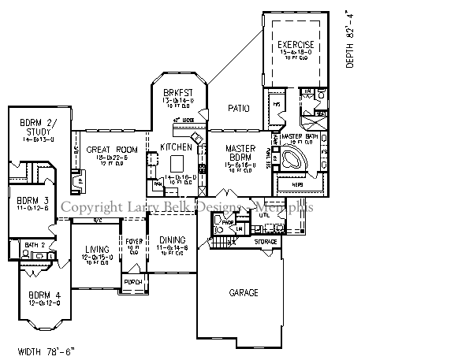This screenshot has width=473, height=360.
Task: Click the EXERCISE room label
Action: pyautogui.click(x=296, y=46)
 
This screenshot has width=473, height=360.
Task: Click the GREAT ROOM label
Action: pyautogui.click(x=112, y=149)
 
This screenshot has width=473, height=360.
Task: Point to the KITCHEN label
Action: pyautogui.click(x=176, y=147)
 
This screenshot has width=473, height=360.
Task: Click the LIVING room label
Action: pyautogui.click(x=96, y=250)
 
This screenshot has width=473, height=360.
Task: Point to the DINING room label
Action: pyautogui.click(x=172, y=240)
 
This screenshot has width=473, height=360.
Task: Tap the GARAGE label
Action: pyautogui.click(x=244, y=292)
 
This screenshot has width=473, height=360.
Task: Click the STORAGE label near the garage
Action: pyautogui.click(x=266, y=241)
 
